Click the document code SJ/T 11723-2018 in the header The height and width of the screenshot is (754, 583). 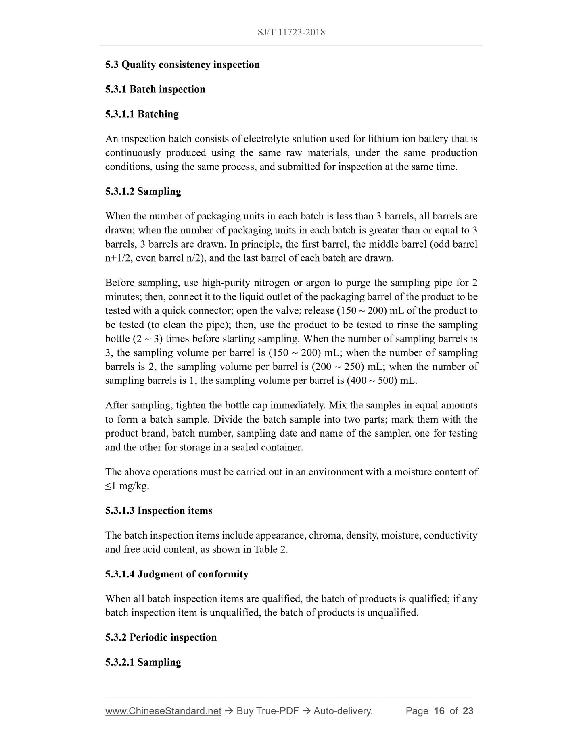[291, 32]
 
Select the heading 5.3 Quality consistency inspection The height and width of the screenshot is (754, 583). [182, 65]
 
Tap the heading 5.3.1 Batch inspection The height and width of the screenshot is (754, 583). [155, 90]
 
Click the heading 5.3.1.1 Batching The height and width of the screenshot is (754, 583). [142, 115]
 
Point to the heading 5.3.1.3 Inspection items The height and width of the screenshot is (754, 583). [159, 511]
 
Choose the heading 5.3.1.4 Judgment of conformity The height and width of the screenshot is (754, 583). [177, 574]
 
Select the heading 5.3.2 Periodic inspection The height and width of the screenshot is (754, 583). [161, 637]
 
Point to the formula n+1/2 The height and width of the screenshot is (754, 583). [118, 258]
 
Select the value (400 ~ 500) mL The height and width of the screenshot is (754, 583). [381, 381]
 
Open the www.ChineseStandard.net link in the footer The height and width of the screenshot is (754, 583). [163, 711]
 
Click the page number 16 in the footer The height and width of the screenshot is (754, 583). [439, 711]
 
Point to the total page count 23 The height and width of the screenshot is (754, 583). [468, 711]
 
